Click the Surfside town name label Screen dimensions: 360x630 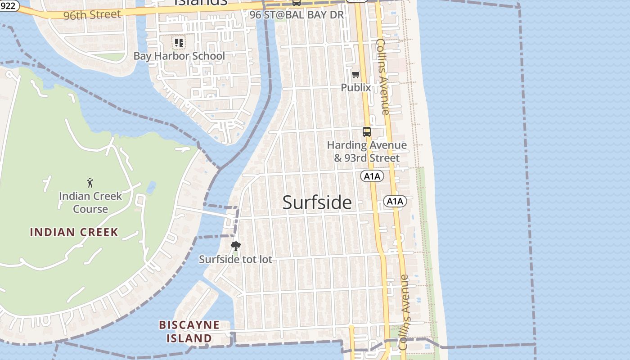point(317,202)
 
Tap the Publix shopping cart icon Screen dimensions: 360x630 point(356,74)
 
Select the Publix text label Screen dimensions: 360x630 point(356,87)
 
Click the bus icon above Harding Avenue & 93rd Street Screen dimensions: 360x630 point(367,132)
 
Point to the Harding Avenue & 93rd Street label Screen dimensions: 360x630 point(367,152)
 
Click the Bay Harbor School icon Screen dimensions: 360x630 point(179,43)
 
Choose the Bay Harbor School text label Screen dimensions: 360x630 point(179,56)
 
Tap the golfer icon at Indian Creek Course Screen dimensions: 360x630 point(90,183)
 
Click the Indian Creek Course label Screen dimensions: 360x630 point(90,202)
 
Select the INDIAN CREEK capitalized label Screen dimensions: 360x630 point(74,232)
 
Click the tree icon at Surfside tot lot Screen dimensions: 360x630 point(235,246)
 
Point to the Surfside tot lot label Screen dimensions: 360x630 point(235,260)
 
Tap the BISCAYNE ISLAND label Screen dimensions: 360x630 point(189,331)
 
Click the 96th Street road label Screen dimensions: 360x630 point(92,15)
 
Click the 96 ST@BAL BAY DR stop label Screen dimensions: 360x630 point(297,15)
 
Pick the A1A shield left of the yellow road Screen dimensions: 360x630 point(372,176)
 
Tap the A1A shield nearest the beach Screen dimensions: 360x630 point(395,201)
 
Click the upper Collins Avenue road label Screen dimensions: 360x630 point(383,76)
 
